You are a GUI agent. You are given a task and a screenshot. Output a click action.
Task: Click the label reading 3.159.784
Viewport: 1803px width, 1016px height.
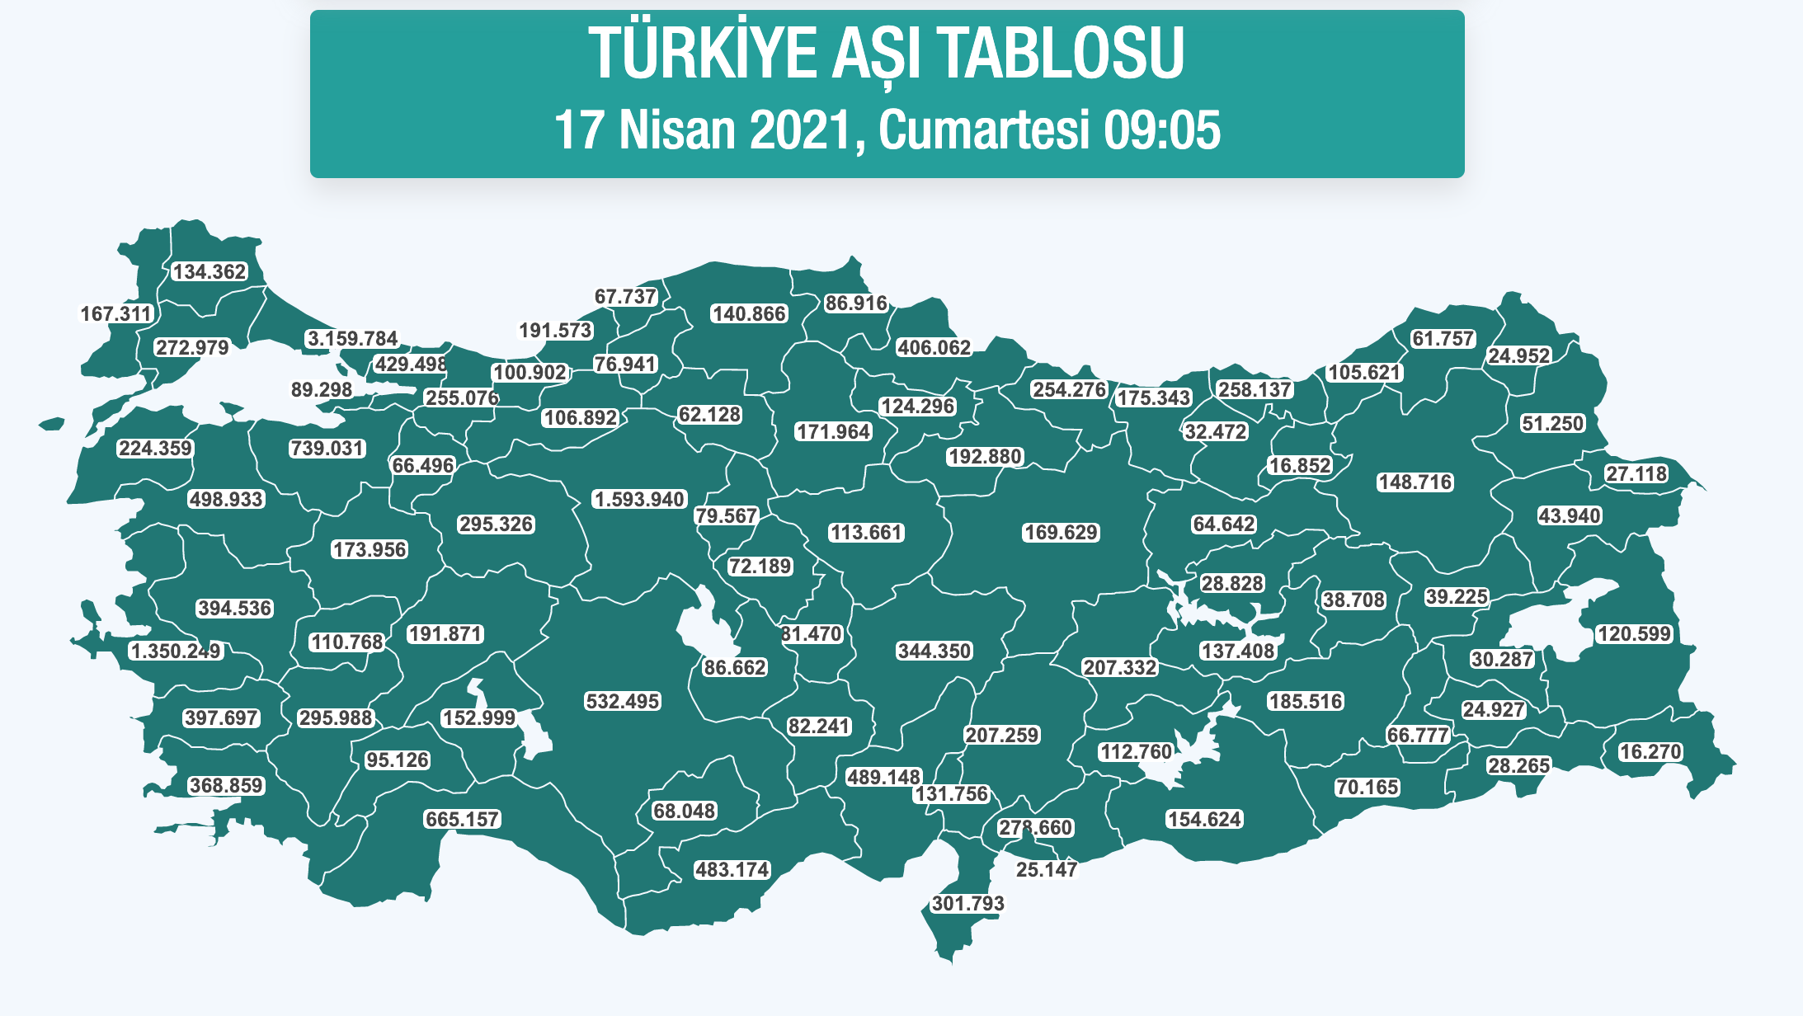tap(352, 339)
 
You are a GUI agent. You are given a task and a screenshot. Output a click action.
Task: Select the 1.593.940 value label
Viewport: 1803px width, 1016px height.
tap(639, 500)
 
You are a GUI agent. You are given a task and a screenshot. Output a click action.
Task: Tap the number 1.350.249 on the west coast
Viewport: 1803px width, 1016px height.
tap(176, 651)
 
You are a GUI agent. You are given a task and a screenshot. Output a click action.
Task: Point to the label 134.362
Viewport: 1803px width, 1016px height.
tap(209, 272)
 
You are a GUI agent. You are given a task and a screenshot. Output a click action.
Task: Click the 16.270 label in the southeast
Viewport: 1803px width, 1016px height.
tap(1650, 752)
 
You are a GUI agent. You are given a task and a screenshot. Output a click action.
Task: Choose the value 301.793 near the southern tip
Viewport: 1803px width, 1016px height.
tap(968, 904)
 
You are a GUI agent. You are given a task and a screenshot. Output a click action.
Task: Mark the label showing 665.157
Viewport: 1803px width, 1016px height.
tap(462, 820)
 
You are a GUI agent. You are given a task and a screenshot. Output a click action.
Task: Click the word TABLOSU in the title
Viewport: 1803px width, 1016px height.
tap(1061, 54)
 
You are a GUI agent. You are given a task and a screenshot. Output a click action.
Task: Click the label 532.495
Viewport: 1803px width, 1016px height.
tap(622, 702)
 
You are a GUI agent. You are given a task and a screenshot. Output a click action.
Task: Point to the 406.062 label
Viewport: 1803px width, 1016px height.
tap(934, 348)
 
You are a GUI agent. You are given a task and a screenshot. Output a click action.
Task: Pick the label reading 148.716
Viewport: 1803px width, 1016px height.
tap(1415, 482)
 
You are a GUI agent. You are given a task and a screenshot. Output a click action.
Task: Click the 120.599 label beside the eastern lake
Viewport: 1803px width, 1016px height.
tap(1634, 634)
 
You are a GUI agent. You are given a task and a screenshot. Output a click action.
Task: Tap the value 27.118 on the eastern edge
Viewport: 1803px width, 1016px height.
tap(1636, 474)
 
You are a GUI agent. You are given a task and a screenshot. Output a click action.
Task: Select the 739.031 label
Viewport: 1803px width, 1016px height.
tap(327, 449)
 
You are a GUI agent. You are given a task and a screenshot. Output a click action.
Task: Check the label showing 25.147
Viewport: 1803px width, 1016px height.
tap(1046, 870)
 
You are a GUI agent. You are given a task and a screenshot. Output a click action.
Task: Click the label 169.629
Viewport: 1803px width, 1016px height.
tap(1061, 533)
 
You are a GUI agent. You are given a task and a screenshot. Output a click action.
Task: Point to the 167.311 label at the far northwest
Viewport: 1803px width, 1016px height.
tap(116, 314)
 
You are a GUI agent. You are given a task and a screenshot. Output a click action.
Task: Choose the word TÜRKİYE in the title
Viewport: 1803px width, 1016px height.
tap(702, 54)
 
